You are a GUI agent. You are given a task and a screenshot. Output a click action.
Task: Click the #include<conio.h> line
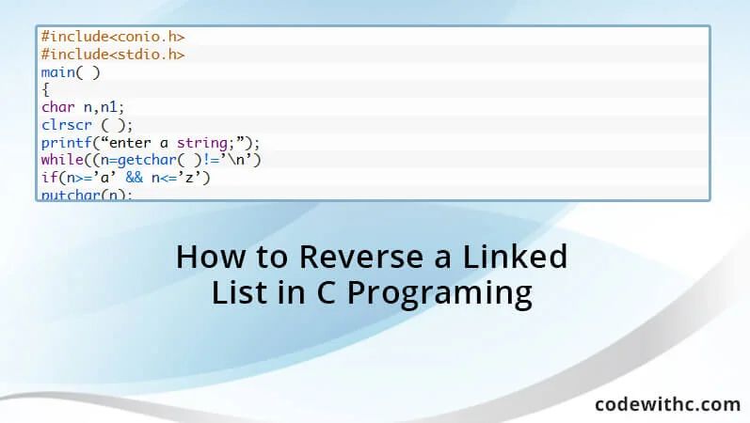tap(112, 37)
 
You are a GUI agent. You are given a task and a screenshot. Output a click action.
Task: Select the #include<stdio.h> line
tap(112, 55)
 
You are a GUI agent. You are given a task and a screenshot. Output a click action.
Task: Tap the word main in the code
tap(59, 72)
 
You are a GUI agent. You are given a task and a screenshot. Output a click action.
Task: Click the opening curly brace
tap(45, 90)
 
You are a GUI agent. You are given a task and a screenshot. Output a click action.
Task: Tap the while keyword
tap(62, 161)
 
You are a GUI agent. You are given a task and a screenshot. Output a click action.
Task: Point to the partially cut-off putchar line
tap(87, 195)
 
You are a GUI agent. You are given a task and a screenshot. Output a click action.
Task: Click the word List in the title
tap(238, 293)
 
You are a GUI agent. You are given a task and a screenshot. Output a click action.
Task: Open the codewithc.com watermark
tap(667, 404)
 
